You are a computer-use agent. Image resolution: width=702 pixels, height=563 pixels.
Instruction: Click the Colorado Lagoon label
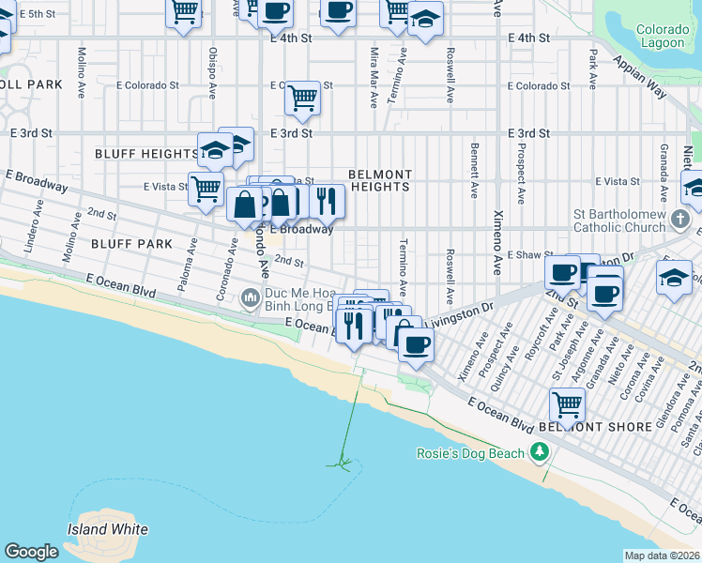664,36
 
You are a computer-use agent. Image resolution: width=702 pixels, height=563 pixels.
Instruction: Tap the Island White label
107,529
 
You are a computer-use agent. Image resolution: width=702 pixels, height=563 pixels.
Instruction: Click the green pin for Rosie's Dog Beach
539,453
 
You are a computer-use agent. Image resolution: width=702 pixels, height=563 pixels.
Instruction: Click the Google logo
31,552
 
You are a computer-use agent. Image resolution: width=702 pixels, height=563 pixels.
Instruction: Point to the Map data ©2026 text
662,555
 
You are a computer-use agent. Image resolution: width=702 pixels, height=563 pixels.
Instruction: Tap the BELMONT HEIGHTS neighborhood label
379,180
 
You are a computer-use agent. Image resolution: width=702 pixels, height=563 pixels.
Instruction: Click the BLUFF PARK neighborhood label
131,243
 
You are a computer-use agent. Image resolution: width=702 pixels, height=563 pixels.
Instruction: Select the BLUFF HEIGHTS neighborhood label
145,153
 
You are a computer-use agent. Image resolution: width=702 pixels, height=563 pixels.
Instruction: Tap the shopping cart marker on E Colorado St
302,97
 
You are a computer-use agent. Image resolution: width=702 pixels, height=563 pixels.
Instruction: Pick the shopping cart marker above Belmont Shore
567,405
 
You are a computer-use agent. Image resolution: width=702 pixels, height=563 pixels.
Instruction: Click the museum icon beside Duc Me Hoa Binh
250,299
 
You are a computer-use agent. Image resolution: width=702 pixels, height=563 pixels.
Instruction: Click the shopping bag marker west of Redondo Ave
244,204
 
